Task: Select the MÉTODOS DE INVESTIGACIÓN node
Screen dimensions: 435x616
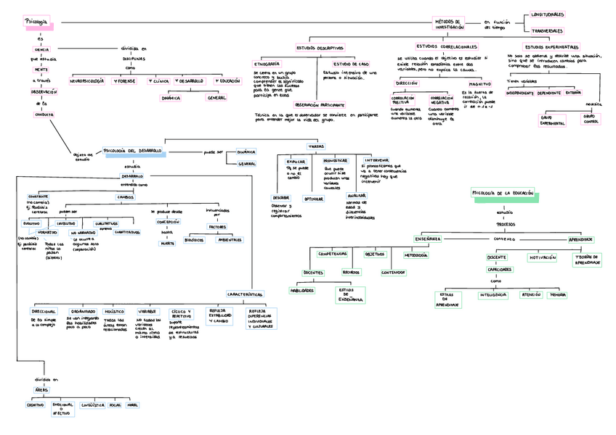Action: tap(449, 24)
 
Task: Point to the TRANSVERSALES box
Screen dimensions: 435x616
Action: tap(547, 31)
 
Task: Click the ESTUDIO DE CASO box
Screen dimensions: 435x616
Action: tap(350, 64)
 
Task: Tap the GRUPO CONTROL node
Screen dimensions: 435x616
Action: tap(591, 118)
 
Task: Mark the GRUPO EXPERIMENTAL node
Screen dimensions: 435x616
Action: tap(552, 119)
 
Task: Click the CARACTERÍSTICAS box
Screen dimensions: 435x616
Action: tap(244, 294)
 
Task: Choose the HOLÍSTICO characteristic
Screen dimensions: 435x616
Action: tap(114, 310)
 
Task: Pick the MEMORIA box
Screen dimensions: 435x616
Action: tap(558, 295)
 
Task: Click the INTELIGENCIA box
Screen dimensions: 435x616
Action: tap(494, 295)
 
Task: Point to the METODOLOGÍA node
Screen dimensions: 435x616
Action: tap(416, 255)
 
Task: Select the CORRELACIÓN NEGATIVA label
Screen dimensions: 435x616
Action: tap(442, 100)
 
